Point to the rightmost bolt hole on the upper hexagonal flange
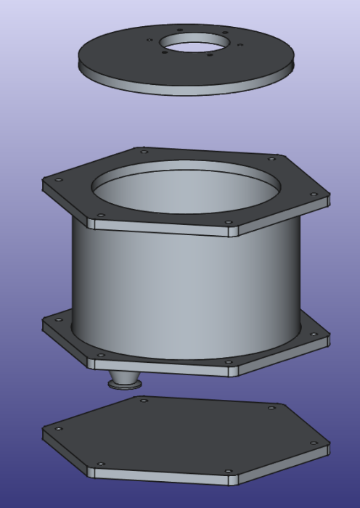point(314,194)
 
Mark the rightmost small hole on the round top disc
point(239,44)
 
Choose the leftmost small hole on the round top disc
point(149,40)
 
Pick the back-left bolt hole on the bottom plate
point(144,400)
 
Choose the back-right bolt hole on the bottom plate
point(272,408)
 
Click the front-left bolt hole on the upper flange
point(100,215)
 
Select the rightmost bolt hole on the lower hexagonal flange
point(314,335)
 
